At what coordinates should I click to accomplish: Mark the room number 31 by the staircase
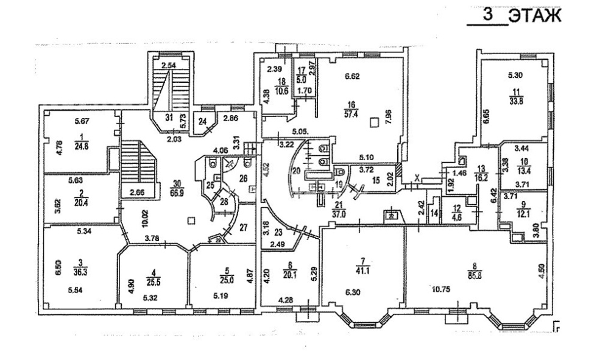pyautogui.click(x=168, y=119)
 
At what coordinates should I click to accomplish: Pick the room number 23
pyautogui.click(x=280, y=232)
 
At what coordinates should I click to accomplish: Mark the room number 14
pyautogui.click(x=434, y=214)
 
